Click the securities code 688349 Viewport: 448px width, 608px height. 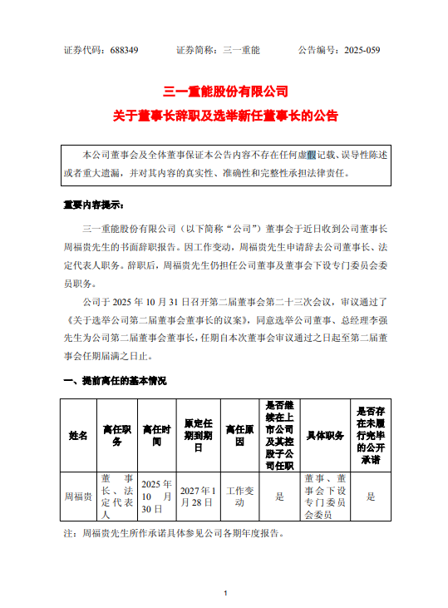[x=124, y=51]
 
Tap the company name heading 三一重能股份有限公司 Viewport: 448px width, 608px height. [x=225, y=91]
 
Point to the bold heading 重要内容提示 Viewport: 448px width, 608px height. [x=93, y=204]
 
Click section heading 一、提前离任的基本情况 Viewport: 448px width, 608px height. [x=115, y=381]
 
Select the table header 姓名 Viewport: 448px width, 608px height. [x=78, y=435]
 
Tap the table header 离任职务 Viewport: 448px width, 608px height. [x=116, y=435]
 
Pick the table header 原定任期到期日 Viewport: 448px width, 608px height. [x=198, y=435]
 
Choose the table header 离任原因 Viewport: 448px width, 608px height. [x=239, y=435]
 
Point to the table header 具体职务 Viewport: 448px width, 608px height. [x=325, y=435]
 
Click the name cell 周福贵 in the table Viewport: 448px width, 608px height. [x=78, y=497]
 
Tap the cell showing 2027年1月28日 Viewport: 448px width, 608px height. [x=198, y=497]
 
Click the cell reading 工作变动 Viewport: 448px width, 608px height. [x=239, y=497]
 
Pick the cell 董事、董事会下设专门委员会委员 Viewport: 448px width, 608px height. [x=325, y=497]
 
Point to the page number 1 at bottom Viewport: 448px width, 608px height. [x=225, y=593]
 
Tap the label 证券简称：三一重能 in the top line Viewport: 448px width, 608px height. [x=219, y=51]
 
